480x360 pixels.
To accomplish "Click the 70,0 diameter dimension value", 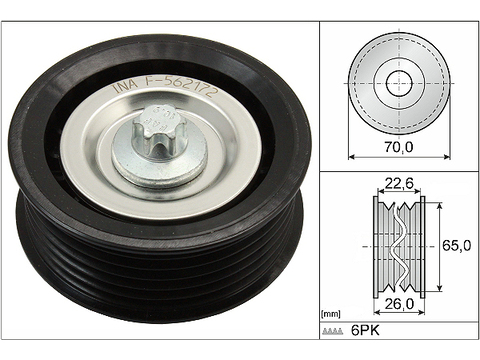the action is pyautogui.click(x=399, y=147).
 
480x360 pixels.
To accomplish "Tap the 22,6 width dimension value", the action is pyautogui.click(x=399, y=183).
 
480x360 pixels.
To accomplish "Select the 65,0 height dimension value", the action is pyautogui.click(x=457, y=246).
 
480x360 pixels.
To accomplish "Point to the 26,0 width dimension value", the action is pyautogui.click(x=399, y=304).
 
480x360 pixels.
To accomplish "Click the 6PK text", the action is pyautogui.click(x=365, y=331).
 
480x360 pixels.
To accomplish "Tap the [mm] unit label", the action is pyautogui.click(x=331, y=314).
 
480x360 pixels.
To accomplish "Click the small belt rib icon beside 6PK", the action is pyautogui.click(x=333, y=331).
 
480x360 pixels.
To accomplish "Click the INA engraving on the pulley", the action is pyautogui.click(x=125, y=86).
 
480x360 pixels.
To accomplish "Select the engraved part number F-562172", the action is pyautogui.click(x=180, y=86).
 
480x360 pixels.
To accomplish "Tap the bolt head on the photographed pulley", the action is pyautogui.click(x=157, y=133).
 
